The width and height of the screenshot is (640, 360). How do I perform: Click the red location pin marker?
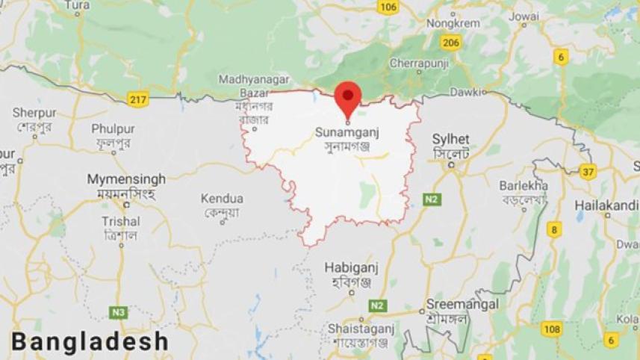347,96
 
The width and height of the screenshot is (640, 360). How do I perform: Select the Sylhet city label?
451,140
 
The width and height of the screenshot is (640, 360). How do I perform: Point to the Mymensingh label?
126,179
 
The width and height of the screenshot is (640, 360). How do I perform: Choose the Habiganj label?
349,267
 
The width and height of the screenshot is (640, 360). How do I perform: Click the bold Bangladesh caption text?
90,342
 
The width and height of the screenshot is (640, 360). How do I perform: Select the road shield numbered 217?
138,99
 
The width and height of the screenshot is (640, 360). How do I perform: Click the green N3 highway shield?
118,311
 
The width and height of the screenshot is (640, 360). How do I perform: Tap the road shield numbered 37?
588,172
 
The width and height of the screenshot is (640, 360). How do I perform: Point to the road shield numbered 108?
552,329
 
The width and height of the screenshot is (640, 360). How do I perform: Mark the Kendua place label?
222,199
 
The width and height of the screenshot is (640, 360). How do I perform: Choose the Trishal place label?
121,221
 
